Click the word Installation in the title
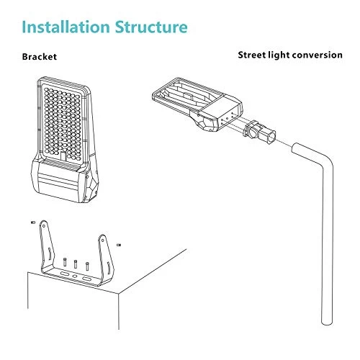[66, 27]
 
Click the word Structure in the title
[151, 27]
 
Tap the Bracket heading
[40, 57]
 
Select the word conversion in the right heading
[318, 55]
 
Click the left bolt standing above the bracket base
[65, 262]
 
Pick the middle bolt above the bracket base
[76, 264]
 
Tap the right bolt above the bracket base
[87, 266]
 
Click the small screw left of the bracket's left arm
[33, 222]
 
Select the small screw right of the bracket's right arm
[118, 245]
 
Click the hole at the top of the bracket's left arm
[44, 225]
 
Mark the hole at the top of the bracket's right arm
[103, 240]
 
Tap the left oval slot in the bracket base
[64, 274]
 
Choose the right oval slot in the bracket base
[86, 279]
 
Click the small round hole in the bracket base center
[75, 276]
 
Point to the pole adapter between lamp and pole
[259, 132]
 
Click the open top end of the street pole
[295, 148]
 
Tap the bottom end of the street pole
[327, 323]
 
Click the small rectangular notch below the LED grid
[63, 156]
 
